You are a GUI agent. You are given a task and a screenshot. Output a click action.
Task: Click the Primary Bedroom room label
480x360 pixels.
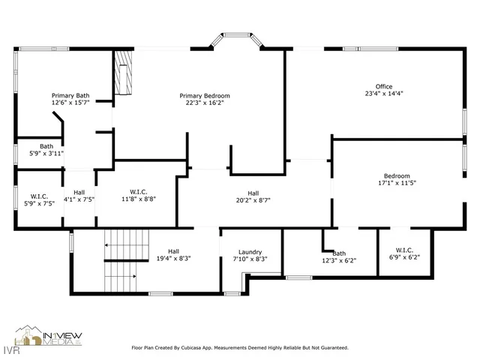205,96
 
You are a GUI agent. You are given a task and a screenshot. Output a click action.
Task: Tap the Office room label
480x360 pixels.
384,86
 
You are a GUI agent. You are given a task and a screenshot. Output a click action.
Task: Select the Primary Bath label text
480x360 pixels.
70,96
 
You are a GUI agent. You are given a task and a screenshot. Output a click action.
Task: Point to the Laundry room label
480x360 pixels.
250,252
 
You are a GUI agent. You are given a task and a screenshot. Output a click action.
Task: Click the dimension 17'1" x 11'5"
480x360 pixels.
397,182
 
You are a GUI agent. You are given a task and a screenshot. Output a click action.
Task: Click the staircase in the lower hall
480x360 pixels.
119,262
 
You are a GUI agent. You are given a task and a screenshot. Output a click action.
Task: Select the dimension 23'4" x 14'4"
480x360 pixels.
384,94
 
